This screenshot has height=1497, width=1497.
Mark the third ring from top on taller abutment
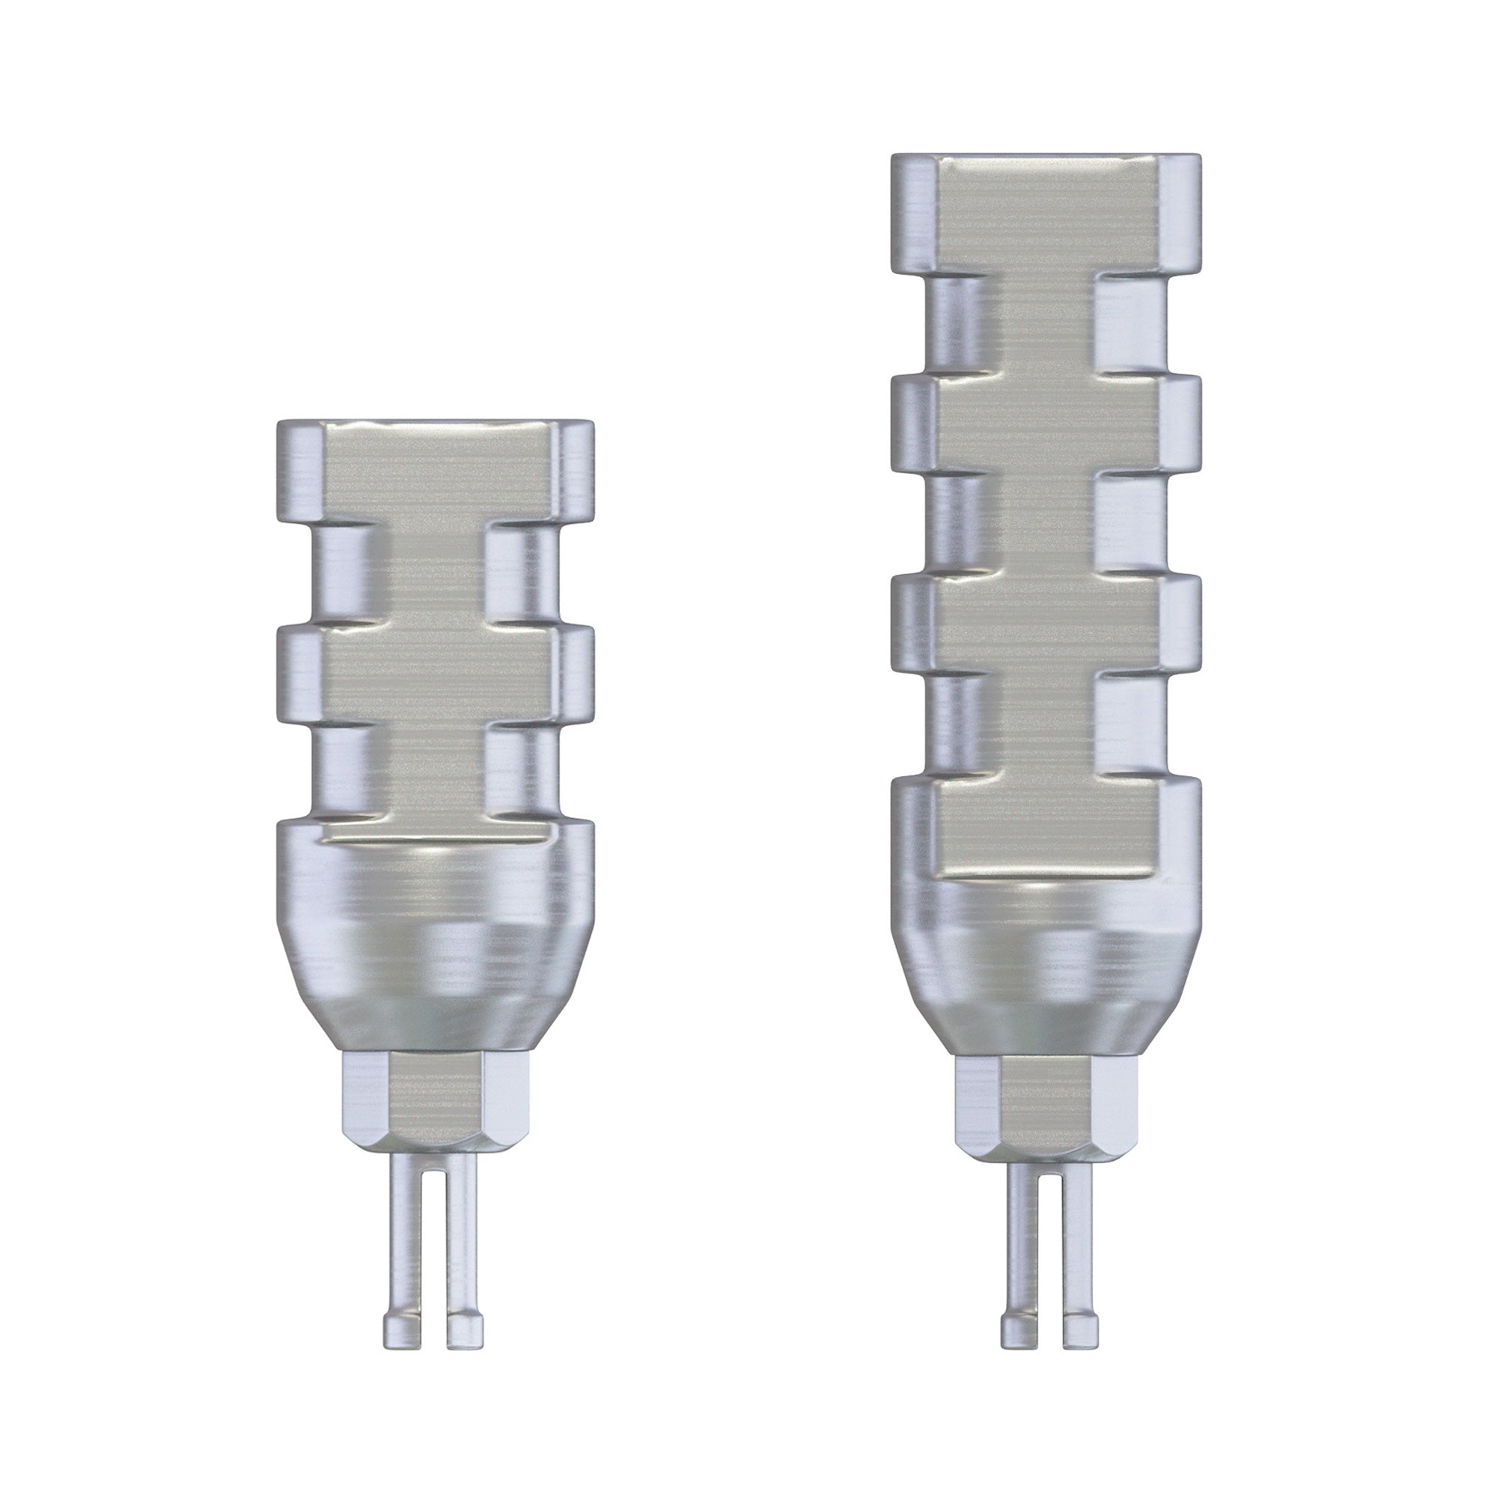(x=1046, y=624)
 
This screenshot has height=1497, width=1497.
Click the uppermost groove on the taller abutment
(x=1046, y=326)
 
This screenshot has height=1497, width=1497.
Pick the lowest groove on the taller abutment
(x=1046, y=725)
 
